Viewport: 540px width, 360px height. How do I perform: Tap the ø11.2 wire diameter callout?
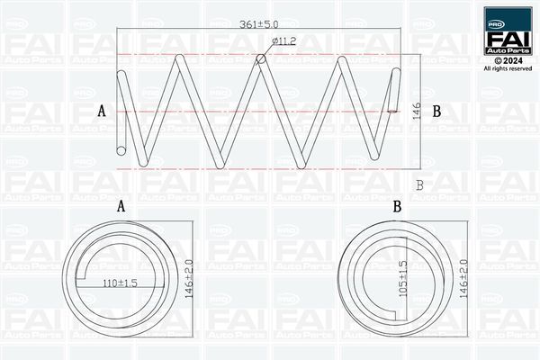tap(284, 42)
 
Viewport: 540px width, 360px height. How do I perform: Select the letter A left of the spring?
tap(102, 112)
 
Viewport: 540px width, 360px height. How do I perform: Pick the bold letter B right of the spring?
tap(436, 112)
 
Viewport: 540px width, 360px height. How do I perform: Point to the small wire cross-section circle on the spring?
tap(261, 59)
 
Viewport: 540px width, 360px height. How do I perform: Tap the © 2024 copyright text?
tap(508, 59)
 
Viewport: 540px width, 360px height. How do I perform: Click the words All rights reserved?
tap(508, 68)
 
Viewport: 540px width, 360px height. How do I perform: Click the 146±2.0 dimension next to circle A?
tap(188, 280)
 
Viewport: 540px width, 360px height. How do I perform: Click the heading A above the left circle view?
tap(121, 207)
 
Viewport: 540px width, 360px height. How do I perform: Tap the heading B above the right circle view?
tap(397, 207)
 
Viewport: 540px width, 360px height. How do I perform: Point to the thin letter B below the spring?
tap(419, 184)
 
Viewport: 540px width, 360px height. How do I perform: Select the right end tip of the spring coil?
tap(394, 110)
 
